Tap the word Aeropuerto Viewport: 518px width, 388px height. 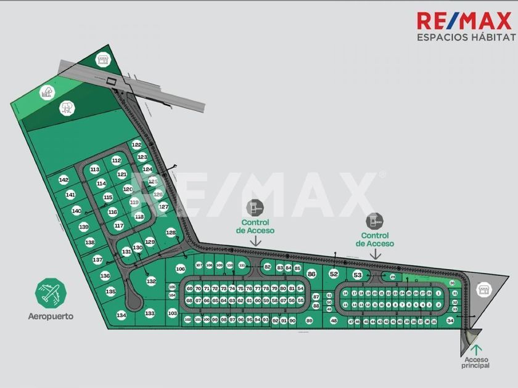pyautogui.click(x=51, y=317)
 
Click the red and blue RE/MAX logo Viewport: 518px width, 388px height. pyautogui.click(x=465, y=20)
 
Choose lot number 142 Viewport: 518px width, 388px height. pyautogui.click(x=64, y=180)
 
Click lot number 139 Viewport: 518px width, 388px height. pyautogui.click(x=84, y=227)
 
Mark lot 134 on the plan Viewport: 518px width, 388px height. pyautogui.click(x=121, y=315)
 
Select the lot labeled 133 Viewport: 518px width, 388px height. pyautogui.click(x=150, y=313)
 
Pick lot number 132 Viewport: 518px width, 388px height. pyautogui.click(x=151, y=281)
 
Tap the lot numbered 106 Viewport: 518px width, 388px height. pyautogui.click(x=180, y=269)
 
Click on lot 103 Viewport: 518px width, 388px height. pyautogui.click(x=172, y=313)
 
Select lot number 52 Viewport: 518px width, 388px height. pyautogui.click(x=334, y=273)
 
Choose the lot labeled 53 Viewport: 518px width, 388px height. pyautogui.click(x=357, y=275)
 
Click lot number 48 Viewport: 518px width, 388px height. pyautogui.click(x=334, y=321)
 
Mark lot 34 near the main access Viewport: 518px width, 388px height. pyautogui.click(x=450, y=321)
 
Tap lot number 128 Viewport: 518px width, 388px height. pyautogui.click(x=171, y=232)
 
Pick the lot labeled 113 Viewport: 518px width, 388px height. pyautogui.click(x=94, y=169)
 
